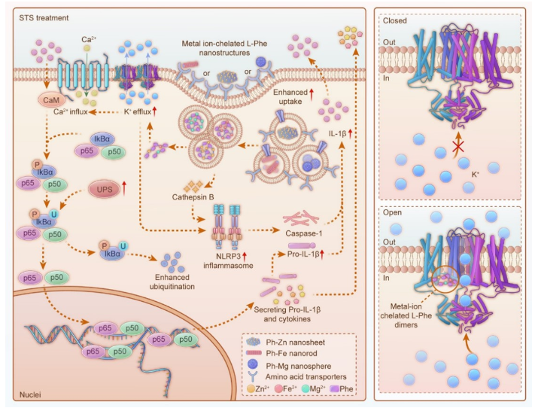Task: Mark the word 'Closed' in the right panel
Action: coord(397,22)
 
